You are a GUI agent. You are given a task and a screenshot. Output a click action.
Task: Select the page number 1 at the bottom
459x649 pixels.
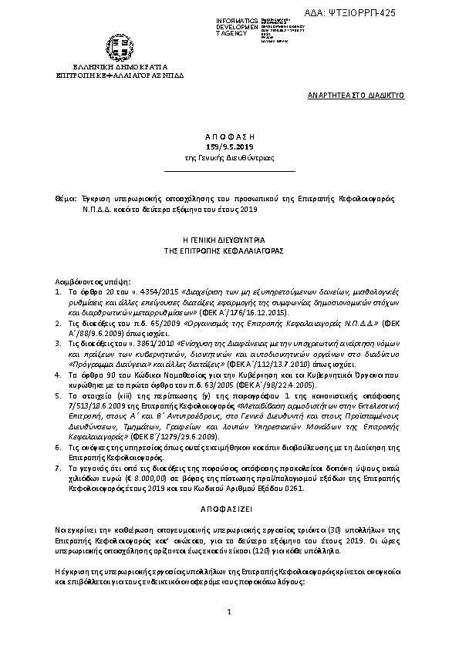pyautogui.click(x=230, y=634)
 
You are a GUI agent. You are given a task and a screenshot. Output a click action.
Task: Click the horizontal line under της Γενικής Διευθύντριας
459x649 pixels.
pyautogui.click(x=229, y=168)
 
